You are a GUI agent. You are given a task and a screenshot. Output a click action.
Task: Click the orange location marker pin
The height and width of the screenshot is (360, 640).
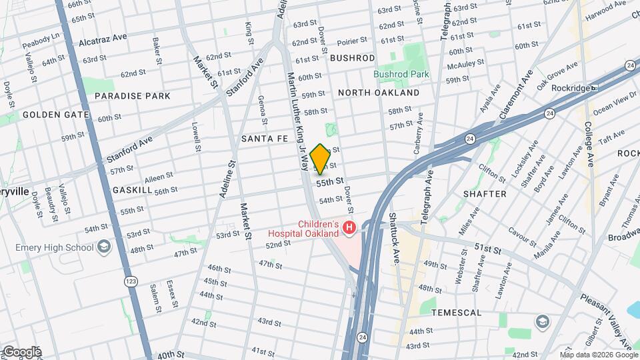click(x=320, y=159)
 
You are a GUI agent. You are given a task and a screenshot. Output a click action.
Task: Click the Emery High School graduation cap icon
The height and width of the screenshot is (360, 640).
click(x=103, y=248)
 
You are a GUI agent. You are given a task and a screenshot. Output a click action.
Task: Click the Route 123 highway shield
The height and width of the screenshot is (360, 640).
click(x=128, y=283)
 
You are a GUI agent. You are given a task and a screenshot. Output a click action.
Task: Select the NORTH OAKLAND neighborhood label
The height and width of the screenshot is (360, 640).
click(x=379, y=93)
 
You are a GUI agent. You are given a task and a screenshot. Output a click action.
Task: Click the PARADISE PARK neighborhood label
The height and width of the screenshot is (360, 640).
click(x=132, y=96)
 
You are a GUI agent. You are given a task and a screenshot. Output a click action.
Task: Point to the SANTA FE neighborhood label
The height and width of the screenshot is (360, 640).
click(x=265, y=139)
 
